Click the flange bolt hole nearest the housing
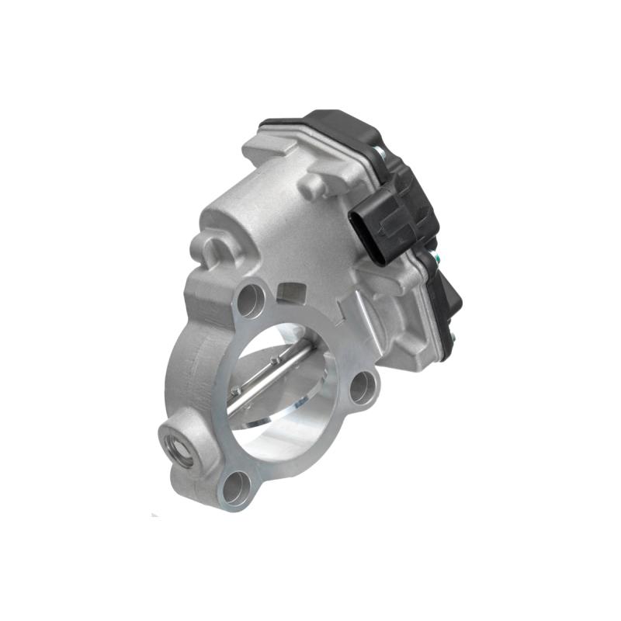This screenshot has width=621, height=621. (250, 300)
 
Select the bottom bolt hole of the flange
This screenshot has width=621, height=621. (235, 489)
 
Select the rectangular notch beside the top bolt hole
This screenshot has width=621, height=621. (290, 291)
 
